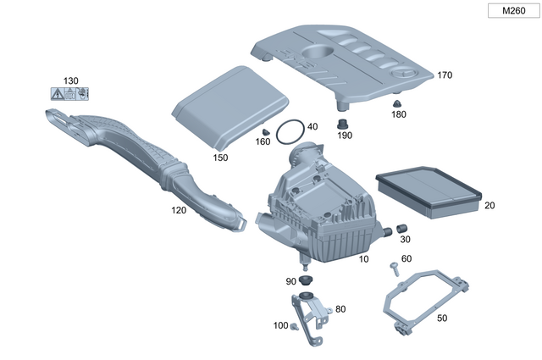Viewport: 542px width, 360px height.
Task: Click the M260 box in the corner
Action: click(512, 11)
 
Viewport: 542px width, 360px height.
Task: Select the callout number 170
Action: click(445, 75)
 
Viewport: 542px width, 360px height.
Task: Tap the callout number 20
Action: click(489, 205)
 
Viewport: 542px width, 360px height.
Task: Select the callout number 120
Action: click(179, 208)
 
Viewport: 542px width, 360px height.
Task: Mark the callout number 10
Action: click(363, 258)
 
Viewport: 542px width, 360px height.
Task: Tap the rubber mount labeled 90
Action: click(307, 280)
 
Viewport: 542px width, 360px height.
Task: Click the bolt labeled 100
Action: click(293, 325)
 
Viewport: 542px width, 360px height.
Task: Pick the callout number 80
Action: click(340, 309)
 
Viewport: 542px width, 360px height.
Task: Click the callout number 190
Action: click(345, 135)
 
